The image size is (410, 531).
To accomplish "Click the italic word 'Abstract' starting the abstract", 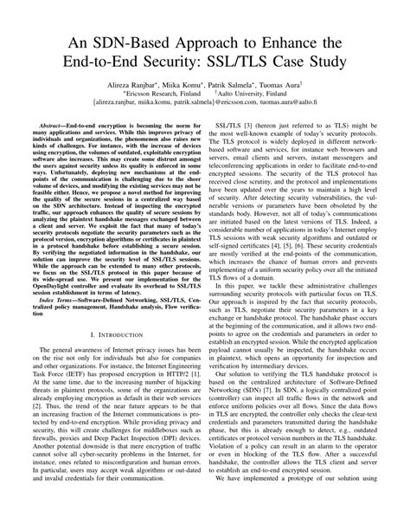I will click(58, 151).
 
